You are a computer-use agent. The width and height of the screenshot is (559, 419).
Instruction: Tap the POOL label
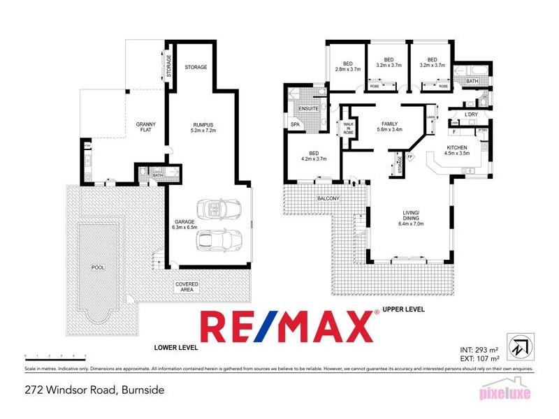click(97, 267)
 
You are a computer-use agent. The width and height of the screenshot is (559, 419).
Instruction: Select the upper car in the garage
click(218, 209)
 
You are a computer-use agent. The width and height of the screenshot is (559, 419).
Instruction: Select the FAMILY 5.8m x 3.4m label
click(390, 126)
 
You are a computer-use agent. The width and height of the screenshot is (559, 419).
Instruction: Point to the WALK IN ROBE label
click(348, 128)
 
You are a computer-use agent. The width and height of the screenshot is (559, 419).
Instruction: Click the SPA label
click(295, 124)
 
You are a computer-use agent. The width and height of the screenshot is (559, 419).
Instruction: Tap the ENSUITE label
click(309, 109)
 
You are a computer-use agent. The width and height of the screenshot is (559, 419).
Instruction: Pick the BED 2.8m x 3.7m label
click(347, 65)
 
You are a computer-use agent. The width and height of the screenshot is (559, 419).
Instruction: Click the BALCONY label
click(328, 199)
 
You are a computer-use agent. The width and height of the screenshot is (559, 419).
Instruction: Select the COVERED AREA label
click(187, 288)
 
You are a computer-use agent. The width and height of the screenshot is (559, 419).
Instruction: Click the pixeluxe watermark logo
click(504, 393)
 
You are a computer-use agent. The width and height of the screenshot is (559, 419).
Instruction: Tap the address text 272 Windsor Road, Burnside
click(94, 390)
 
